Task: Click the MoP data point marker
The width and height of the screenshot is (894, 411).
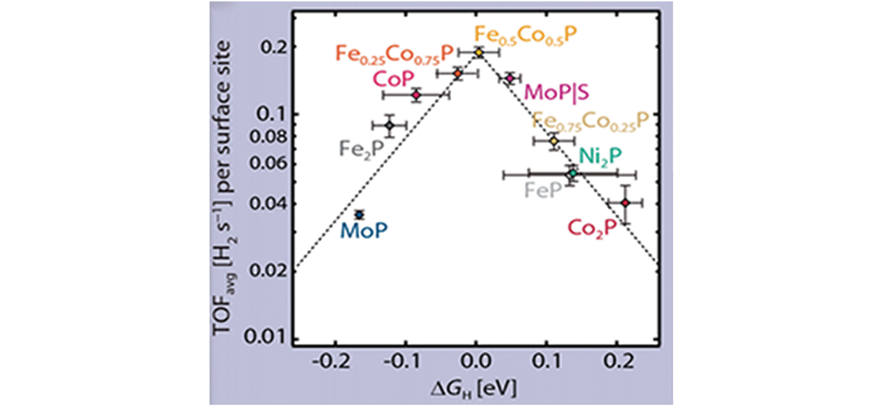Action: click(359, 214)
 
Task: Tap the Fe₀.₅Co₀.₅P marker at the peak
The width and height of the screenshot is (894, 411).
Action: click(479, 53)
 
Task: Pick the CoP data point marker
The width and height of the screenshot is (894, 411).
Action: click(416, 95)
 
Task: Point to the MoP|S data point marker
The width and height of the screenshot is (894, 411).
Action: click(510, 78)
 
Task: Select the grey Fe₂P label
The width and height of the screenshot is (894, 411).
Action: click(361, 148)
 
